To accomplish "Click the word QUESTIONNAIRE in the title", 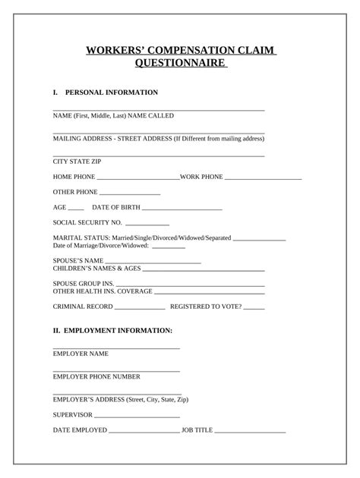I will [x=180, y=64].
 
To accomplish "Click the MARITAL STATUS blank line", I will [x=260, y=240].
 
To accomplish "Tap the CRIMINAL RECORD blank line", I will [x=140, y=309].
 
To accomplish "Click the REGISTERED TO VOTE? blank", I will [x=254, y=309].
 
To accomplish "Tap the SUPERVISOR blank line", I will [x=137, y=417].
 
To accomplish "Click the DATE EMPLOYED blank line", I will [x=144, y=432].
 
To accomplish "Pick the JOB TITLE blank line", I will [x=250, y=432].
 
